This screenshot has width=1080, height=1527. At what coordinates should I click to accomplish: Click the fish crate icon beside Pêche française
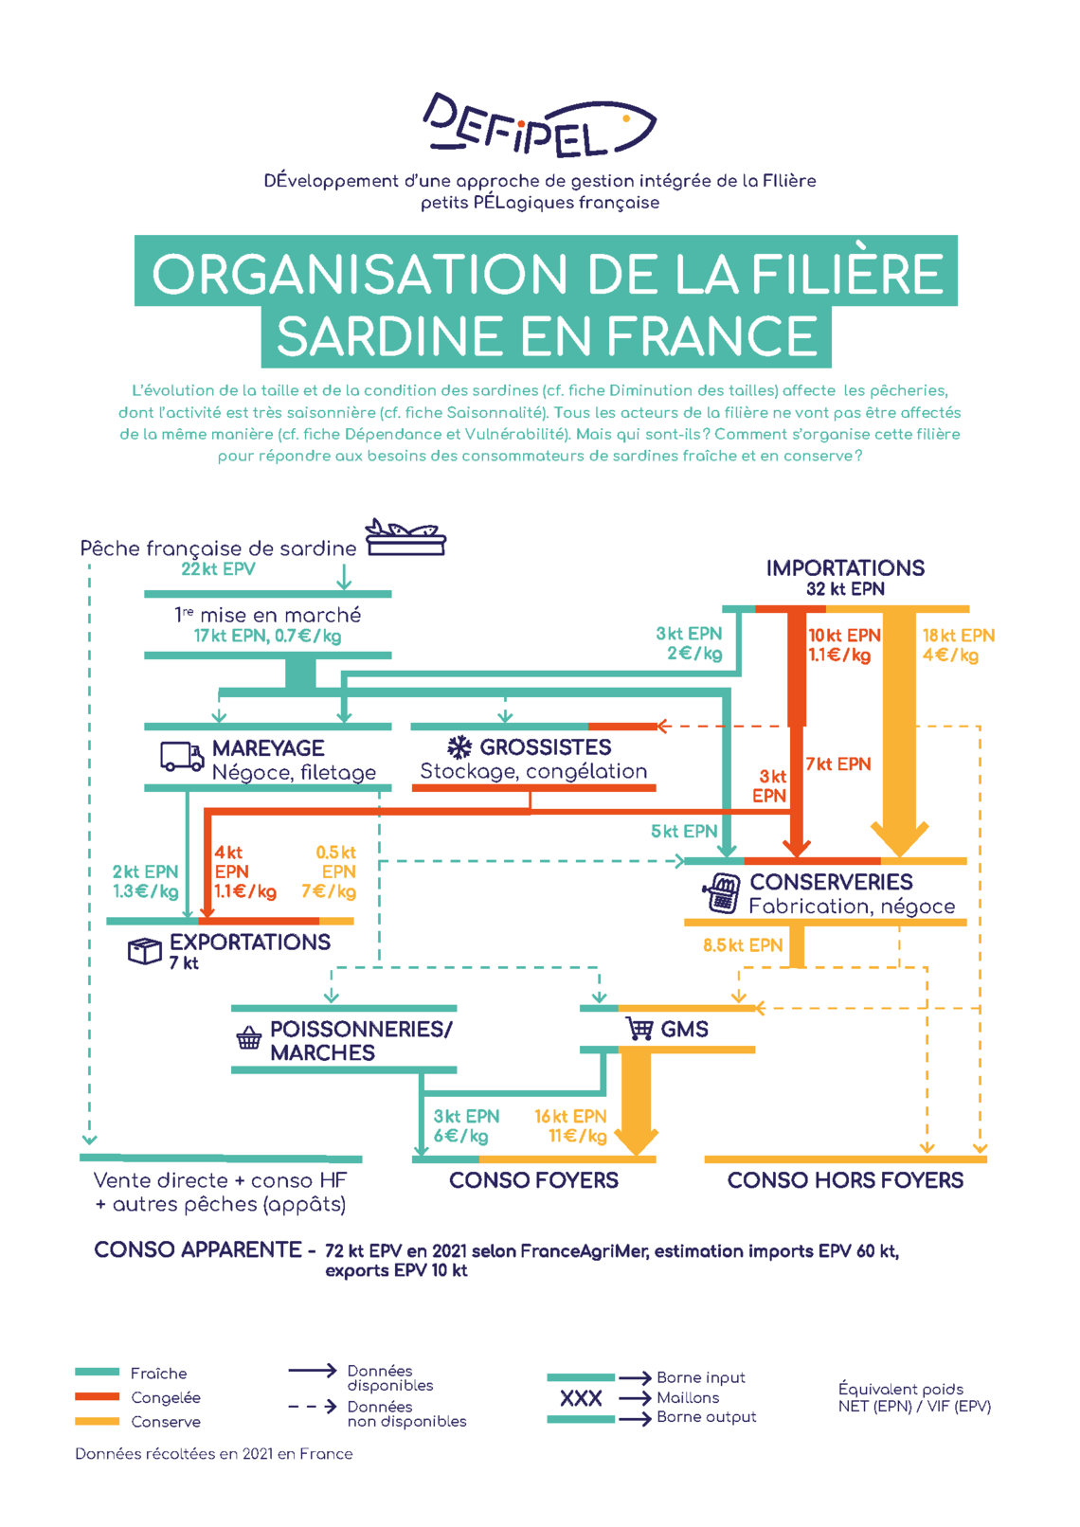(405, 537)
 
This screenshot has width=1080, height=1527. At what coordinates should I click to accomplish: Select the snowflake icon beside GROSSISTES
(459, 747)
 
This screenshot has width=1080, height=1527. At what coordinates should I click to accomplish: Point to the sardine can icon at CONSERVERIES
(722, 892)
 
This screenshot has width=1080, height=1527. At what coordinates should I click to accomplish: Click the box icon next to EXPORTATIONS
(145, 950)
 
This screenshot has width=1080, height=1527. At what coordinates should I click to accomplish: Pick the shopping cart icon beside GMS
(639, 1028)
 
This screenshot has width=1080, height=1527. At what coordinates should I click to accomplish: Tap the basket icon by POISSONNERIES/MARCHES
(249, 1037)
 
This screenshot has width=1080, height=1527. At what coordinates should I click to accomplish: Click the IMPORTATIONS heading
(845, 567)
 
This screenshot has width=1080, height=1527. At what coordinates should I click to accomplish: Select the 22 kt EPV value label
(218, 569)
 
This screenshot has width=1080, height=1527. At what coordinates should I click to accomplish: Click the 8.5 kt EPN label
(743, 944)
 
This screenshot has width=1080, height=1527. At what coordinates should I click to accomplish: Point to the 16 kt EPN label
(570, 1116)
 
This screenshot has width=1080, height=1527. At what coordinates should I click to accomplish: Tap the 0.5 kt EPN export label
(335, 862)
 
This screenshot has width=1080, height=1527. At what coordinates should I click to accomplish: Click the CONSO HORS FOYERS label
(845, 1180)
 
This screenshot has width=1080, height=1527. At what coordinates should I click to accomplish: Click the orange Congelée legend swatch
(97, 1397)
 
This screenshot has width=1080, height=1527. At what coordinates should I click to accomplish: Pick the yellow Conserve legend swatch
(97, 1421)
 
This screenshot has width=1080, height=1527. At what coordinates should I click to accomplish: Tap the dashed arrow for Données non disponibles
(313, 1406)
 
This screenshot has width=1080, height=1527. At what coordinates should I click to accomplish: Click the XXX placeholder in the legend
(581, 1398)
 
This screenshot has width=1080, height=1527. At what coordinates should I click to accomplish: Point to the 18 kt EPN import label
(958, 636)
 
